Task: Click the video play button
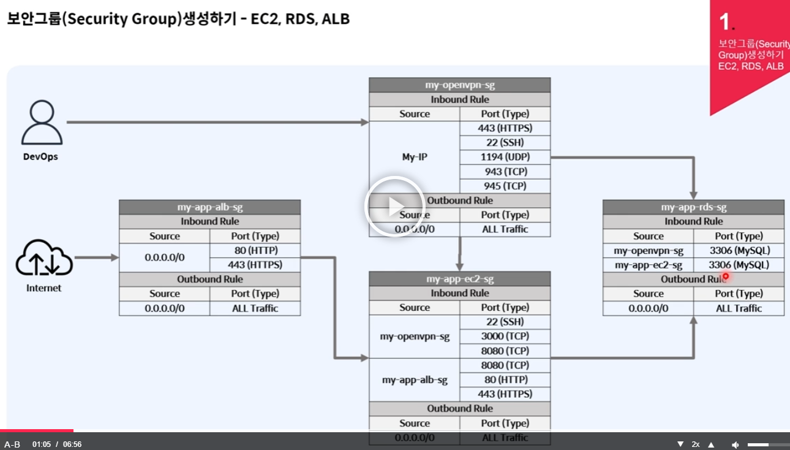[x=395, y=207]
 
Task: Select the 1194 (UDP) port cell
[x=505, y=157]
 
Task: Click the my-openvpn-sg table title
[x=459, y=85]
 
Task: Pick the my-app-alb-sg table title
[x=209, y=207]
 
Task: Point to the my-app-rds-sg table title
[x=693, y=207]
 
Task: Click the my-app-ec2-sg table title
[x=459, y=279]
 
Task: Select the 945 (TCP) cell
[x=505, y=186]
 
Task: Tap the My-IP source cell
[x=415, y=157]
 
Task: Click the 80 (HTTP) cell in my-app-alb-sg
[x=255, y=250]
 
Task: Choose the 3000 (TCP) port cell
[x=505, y=336]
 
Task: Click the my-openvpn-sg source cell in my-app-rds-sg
[x=649, y=250]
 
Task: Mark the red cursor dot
[x=726, y=276]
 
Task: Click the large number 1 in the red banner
[x=725, y=23]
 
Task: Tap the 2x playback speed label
[x=696, y=444]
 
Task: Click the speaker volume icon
[x=735, y=444]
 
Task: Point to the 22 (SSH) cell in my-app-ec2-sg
[x=505, y=322]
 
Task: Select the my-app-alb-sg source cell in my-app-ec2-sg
[x=415, y=379]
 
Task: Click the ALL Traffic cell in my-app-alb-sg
[x=255, y=308]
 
